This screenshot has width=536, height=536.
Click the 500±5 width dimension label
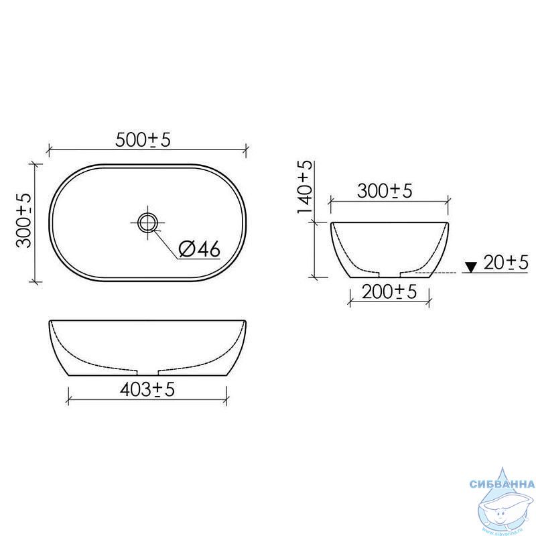(143, 140)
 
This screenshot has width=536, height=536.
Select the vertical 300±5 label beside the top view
(24, 220)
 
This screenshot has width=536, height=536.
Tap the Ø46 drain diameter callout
(200, 249)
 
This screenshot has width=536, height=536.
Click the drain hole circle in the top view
(147, 222)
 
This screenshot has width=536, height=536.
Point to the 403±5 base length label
(147, 389)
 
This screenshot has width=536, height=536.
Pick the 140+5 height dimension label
(304, 187)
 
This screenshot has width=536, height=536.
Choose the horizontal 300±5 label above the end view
(385, 191)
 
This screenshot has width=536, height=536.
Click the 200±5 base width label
(389, 292)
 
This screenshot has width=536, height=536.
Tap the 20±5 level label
(506, 263)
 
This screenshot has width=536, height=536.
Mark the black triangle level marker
(472, 267)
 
